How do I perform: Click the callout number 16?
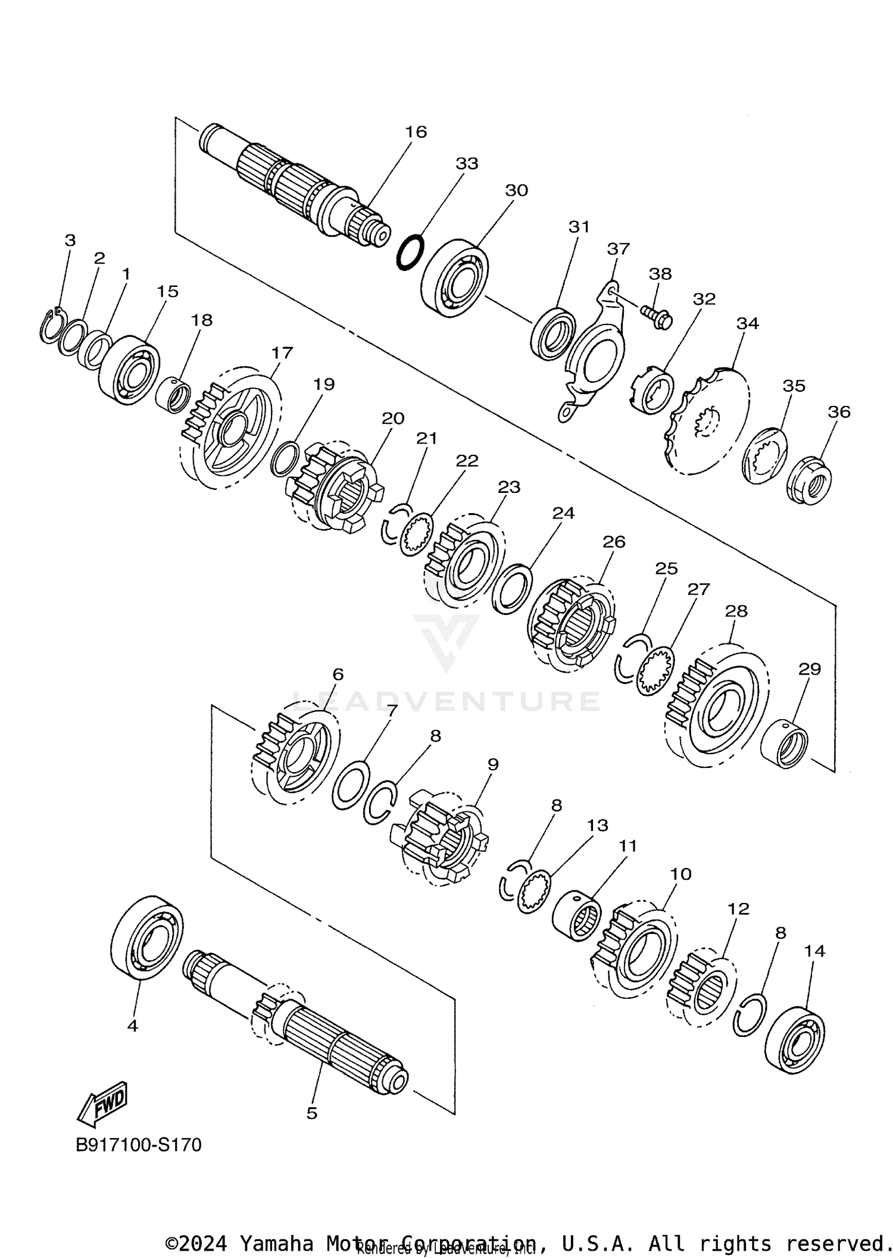tap(416, 132)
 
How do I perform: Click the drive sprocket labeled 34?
tap(708, 421)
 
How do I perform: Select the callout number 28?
tap(736, 611)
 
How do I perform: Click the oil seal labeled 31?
tap(554, 333)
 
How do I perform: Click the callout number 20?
tap(393, 418)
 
